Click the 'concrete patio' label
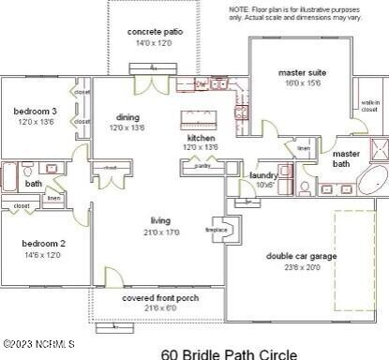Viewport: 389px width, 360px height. coord(155,32)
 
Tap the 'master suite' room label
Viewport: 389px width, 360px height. coord(301,72)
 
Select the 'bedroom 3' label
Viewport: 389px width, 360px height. coord(35,112)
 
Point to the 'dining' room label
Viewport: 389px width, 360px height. coord(127,117)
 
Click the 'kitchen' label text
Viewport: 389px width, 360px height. coord(201,138)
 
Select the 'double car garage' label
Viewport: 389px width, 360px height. coord(301,255)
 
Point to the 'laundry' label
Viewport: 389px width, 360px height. coord(262,175)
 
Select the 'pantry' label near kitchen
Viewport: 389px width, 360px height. coord(202,166)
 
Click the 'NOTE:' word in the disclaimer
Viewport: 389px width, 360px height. coord(239,7)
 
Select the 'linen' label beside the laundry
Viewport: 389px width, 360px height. coord(303,148)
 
